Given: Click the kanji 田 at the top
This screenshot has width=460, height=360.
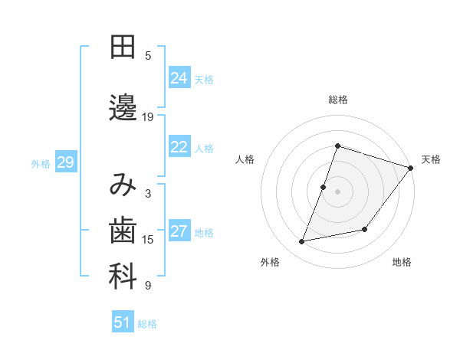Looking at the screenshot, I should click(x=123, y=47).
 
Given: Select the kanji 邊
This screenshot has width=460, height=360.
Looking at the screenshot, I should click(x=123, y=107).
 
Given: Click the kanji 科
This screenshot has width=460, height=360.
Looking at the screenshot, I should click(x=123, y=277).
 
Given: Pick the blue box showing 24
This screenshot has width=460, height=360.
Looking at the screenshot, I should click(x=179, y=77).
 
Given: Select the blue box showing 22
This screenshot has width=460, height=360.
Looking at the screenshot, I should click(x=179, y=147).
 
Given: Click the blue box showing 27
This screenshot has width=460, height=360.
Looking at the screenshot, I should click(x=179, y=231).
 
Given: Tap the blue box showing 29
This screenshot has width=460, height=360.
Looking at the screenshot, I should click(x=65, y=162).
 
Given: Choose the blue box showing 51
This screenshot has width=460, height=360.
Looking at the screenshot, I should click(x=123, y=322).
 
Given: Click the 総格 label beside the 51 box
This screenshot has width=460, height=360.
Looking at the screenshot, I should click(x=147, y=324).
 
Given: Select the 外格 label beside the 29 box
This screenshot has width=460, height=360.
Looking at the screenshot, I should click(x=41, y=163).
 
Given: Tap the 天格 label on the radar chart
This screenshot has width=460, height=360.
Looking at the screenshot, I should click(x=431, y=159).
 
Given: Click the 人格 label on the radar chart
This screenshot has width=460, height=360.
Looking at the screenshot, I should click(x=245, y=159).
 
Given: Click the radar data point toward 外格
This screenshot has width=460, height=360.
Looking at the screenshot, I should click(x=302, y=242).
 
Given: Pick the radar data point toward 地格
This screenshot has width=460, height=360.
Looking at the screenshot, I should click(x=365, y=229).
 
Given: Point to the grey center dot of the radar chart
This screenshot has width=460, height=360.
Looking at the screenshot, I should click(x=337, y=191).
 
